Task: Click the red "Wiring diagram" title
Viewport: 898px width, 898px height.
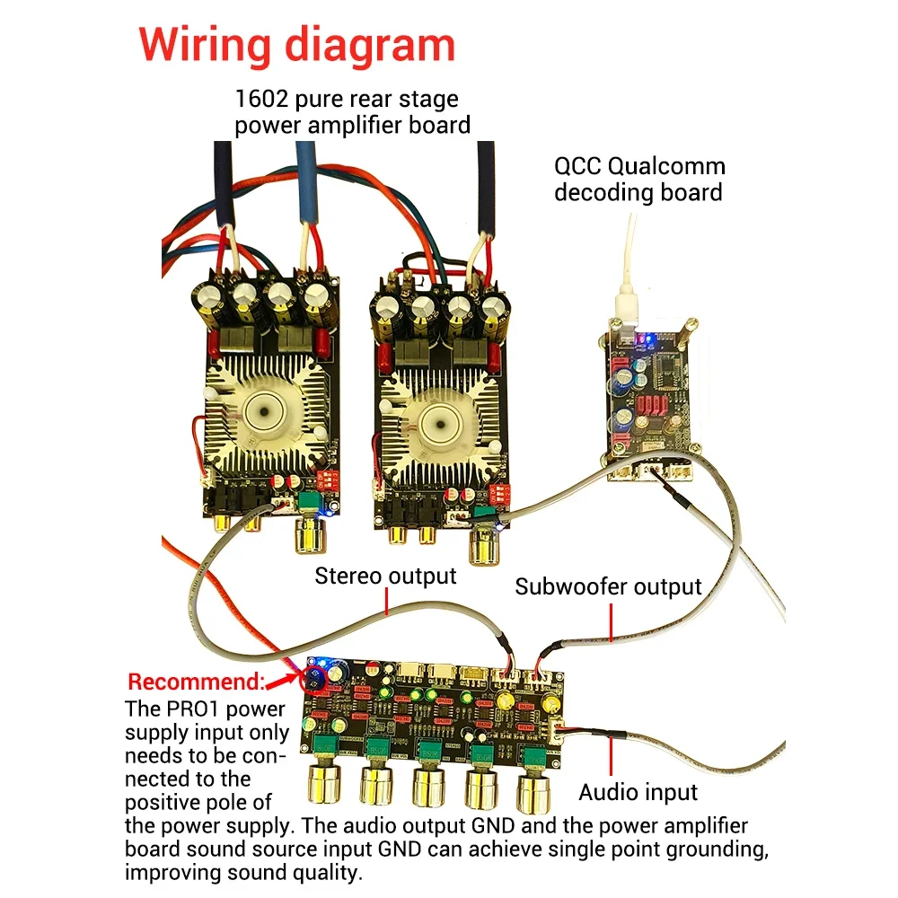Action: click(296, 46)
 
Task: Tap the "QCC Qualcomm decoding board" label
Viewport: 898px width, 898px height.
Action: click(639, 180)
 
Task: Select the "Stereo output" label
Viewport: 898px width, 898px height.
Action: click(385, 577)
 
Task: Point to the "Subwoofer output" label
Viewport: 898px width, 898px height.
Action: click(608, 587)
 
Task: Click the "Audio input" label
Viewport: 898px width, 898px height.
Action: click(638, 793)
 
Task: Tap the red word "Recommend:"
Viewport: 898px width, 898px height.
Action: click(196, 682)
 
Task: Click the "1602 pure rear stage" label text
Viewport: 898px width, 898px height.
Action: click(347, 99)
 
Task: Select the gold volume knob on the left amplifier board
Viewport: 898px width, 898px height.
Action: click(311, 535)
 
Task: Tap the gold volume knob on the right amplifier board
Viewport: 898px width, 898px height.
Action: click(486, 546)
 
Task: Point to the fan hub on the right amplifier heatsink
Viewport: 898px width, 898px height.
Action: click(440, 425)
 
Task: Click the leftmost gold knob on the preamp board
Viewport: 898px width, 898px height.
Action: click(325, 783)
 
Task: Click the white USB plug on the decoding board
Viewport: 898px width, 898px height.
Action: click(627, 308)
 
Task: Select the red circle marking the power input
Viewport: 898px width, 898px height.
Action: click(313, 679)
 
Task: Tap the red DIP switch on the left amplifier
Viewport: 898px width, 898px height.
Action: click(329, 480)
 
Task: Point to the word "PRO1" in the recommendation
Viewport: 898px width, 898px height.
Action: click(194, 709)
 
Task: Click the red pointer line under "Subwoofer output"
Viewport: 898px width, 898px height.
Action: click(611, 622)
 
